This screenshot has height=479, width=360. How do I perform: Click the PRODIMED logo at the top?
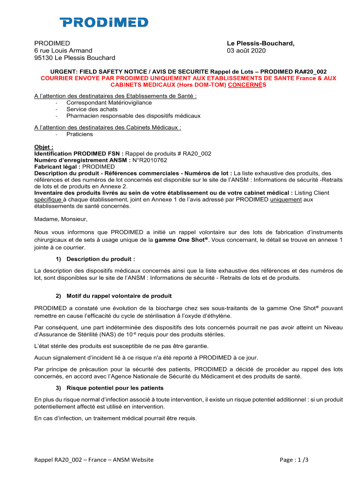(x=104, y=22)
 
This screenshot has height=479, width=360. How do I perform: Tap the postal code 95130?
(x=44, y=58)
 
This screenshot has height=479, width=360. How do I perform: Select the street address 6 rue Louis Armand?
(x=63, y=51)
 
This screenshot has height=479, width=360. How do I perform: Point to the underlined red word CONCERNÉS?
(x=247, y=86)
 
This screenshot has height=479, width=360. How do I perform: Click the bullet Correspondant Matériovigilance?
(x=109, y=102)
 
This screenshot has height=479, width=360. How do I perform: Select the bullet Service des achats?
(x=92, y=109)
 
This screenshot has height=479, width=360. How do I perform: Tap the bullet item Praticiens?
(x=79, y=134)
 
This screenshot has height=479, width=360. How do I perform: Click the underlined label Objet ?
(x=44, y=147)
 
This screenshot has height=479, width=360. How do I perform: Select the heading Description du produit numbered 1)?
(x=101, y=259)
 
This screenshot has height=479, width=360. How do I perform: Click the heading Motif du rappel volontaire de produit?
(x=119, y=296)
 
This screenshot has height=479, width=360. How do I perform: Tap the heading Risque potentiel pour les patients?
(x=115, y=388)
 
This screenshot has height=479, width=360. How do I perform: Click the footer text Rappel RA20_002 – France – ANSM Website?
(x=94, y=460)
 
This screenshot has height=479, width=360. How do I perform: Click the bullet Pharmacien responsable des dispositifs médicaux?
(x=133, y=116)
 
